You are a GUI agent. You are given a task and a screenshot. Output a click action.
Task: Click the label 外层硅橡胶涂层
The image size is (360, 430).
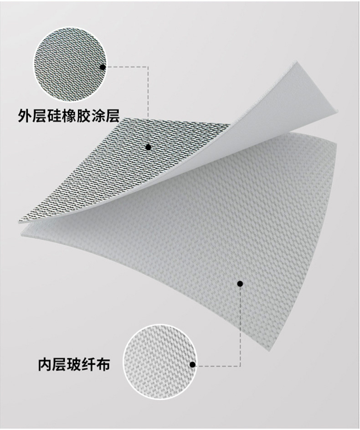click(x=69, y=116)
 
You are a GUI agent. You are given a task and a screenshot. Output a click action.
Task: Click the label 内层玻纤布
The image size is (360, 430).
click(x=74, y=364)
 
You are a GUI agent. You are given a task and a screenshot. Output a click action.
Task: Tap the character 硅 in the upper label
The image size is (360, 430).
click(x=54, y=116)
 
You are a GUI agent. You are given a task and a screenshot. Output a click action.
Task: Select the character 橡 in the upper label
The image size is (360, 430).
click(x=69, y=116)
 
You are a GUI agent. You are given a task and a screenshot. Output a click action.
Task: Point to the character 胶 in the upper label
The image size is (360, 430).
click(x=83, y=116)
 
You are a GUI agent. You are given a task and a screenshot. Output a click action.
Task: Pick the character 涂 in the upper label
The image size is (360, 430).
click(x=98, y=116)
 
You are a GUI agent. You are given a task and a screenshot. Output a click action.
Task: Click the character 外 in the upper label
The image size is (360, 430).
click(x=25, y=116)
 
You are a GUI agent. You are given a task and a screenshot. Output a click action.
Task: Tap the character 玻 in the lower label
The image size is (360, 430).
click(x=74, y=364)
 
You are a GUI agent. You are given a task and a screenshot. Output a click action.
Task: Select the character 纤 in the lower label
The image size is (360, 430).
click(x=88, y=364)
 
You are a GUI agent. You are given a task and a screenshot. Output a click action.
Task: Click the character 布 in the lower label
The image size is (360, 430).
click(x=103, y=364)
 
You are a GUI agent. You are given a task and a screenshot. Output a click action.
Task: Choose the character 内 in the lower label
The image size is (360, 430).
click(x=45, y=364)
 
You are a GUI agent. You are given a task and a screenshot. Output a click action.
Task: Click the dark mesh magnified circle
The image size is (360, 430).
click(x=70, y=64)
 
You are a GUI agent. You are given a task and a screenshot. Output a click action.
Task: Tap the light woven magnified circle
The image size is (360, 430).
click(x=160, y=362)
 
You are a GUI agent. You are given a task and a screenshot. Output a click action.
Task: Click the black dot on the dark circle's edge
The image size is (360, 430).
click(x=103, y=67)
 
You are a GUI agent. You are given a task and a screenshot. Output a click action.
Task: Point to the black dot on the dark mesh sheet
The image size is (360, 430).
click(x=148, y=147)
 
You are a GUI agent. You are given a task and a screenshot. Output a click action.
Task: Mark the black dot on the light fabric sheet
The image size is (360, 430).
click(x=240, y=284)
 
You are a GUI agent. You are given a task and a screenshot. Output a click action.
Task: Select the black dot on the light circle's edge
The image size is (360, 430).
click(x=193, y=364)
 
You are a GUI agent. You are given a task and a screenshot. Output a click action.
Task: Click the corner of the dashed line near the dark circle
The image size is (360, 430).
click(x=148, y=67)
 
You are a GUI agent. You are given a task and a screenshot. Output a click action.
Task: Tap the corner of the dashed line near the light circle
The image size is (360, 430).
click(x=240, y=366)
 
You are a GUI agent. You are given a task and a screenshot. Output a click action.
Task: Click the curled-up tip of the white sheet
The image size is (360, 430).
click(x=295, y=62)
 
